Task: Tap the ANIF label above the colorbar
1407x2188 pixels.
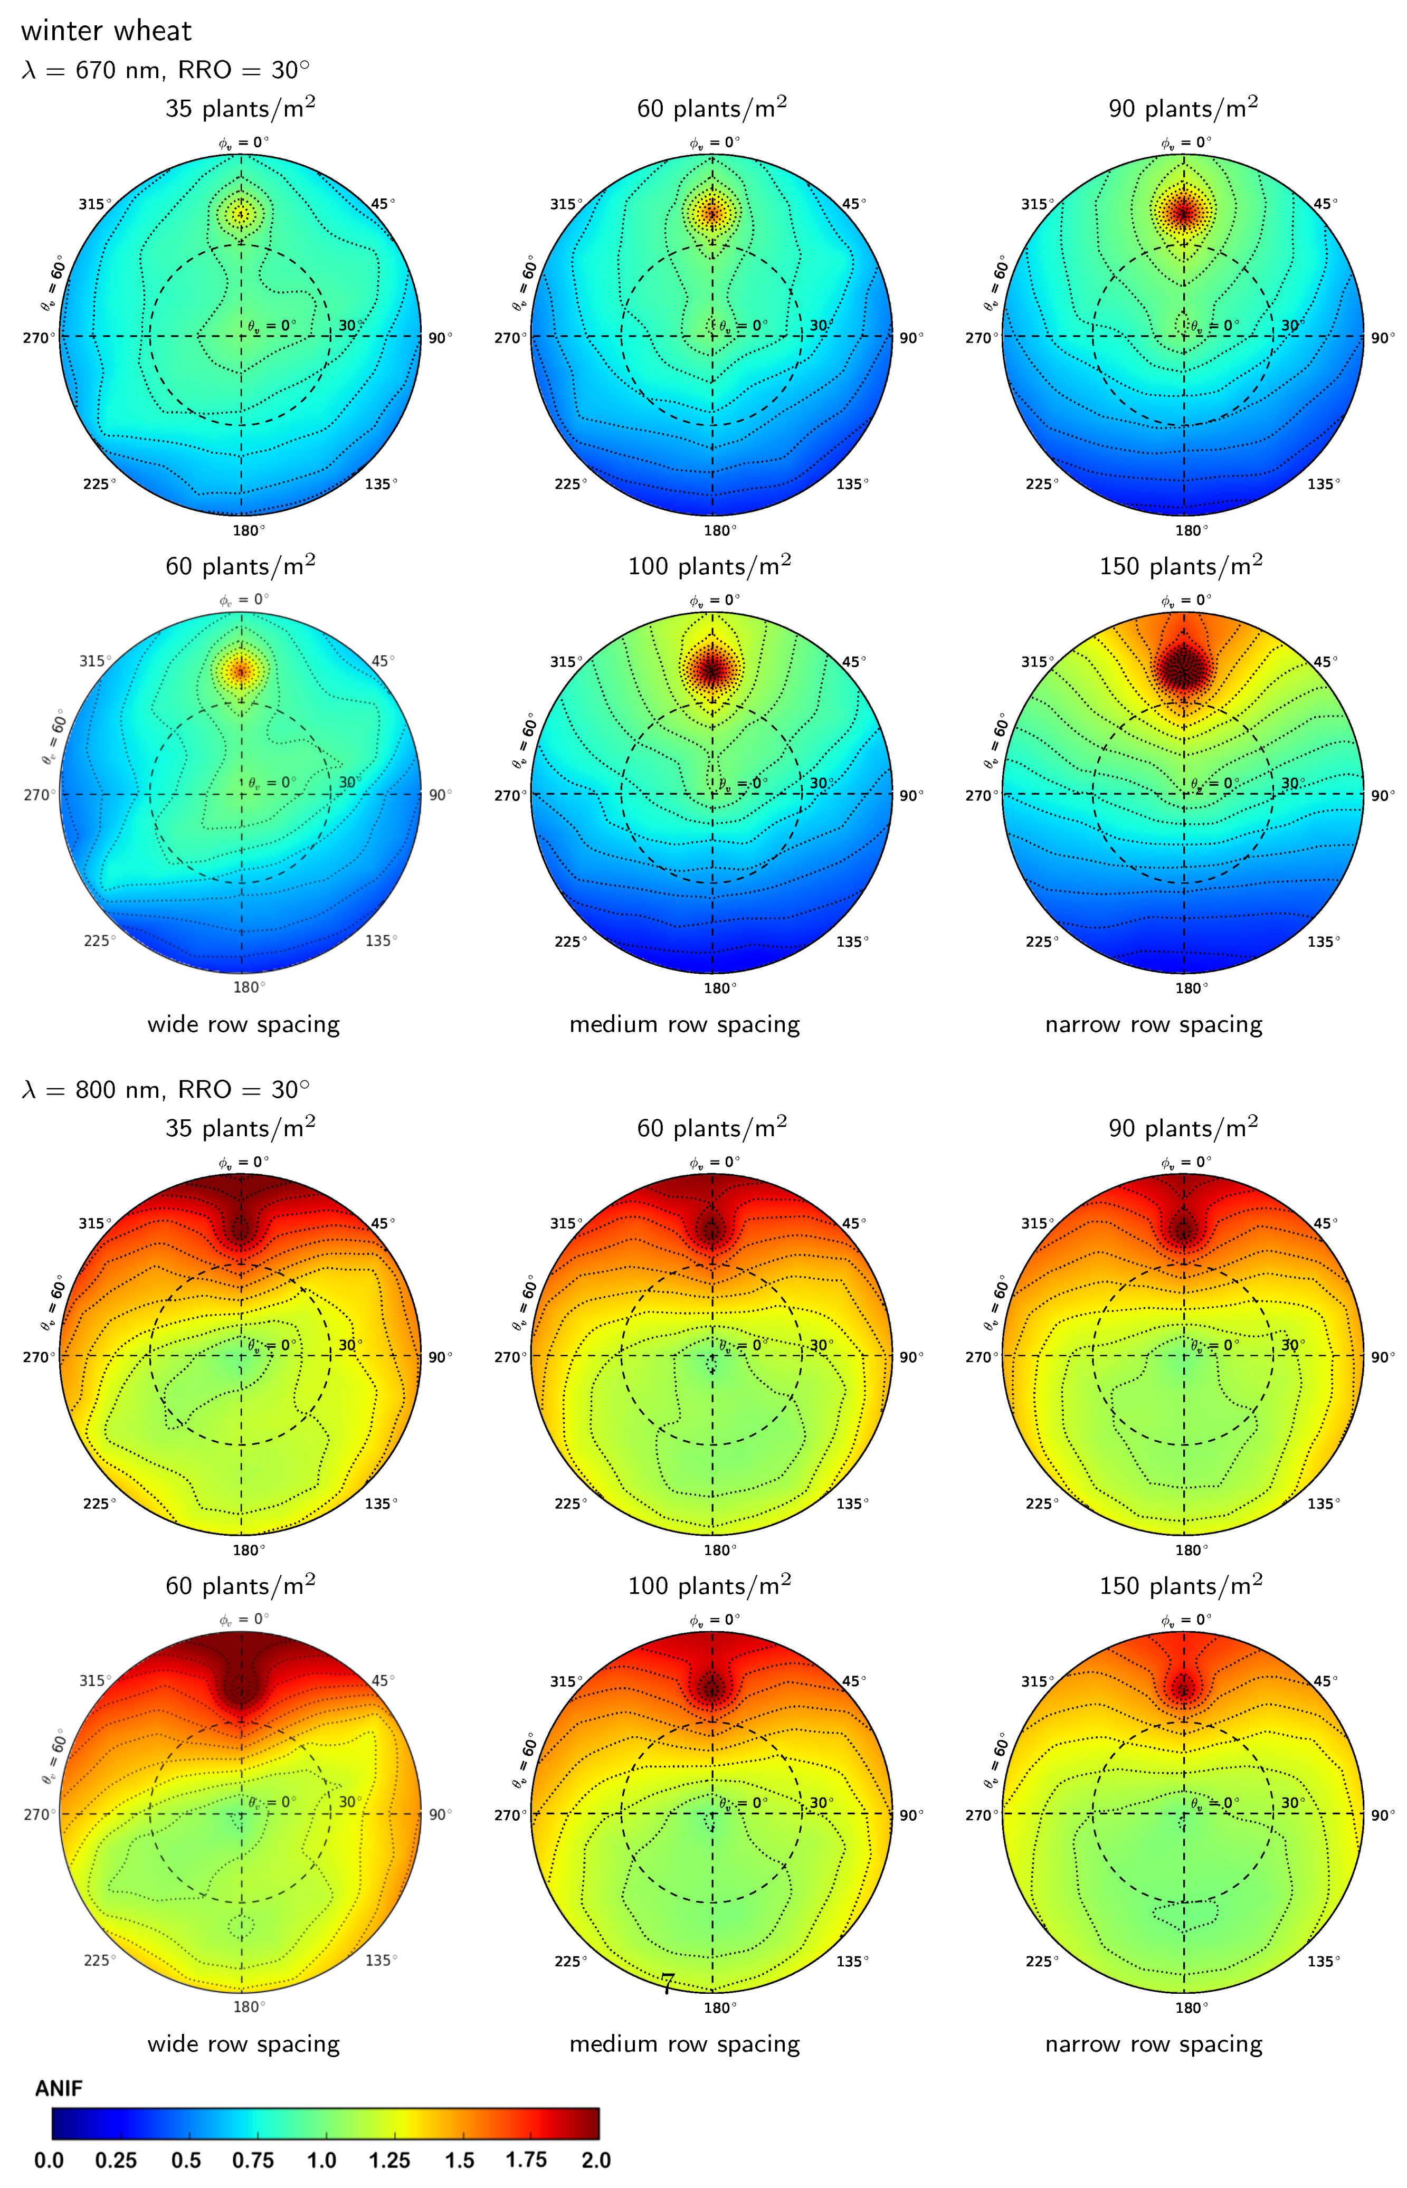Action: point(59,2088)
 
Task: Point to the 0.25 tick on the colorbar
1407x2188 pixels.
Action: point(116,2161)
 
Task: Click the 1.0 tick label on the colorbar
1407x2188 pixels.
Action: point(321,2161)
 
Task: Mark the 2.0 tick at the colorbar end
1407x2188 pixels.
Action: point(596,2161)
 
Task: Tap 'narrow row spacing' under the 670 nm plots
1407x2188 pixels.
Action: point(1153,1025)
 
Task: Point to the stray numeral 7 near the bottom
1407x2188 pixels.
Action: point(668,1983)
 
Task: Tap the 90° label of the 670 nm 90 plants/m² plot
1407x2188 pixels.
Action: point(1382,338)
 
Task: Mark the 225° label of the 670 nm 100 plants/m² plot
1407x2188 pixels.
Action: point(570,941)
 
